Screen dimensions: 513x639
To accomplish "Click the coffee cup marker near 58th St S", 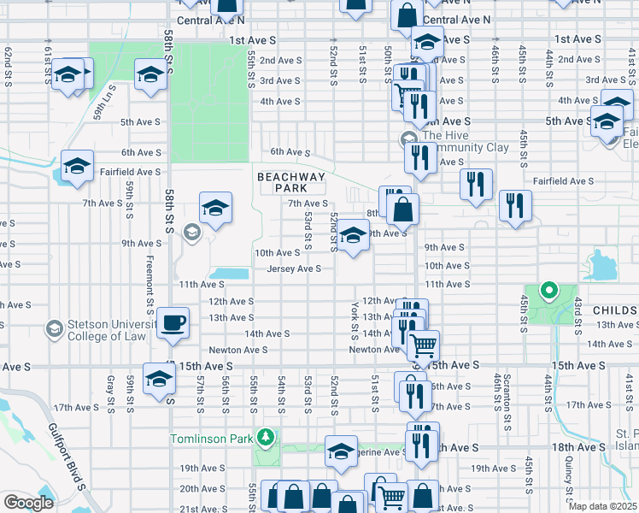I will [x=173, y=323].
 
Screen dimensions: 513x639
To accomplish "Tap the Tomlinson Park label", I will [x=214, y=439].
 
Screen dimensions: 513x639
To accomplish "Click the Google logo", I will [x=27, y=502].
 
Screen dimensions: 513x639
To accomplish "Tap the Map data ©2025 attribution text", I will [x=602, y=506].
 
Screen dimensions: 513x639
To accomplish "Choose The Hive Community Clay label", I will [x=465, y=141].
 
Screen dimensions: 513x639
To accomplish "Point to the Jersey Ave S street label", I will [x=294, y=268].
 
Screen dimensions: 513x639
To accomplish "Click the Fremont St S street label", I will [x=149, y=281].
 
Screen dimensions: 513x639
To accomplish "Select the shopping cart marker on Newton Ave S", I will [x=423, y=345].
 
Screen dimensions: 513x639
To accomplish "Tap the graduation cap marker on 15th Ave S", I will [x=159, y=378].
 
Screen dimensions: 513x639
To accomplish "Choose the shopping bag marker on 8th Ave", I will [x=402, y=208].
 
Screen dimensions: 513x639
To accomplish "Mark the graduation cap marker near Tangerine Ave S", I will [x=341, y=451].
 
